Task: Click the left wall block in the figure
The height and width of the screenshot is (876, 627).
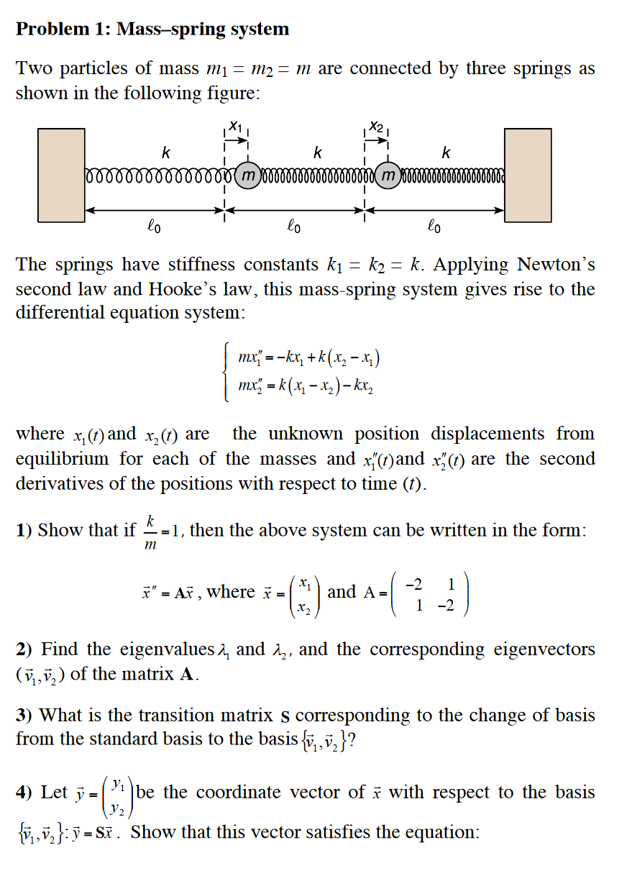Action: (61, 175)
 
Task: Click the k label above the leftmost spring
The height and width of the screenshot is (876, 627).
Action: (166, 153)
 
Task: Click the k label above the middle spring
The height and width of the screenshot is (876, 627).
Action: (317, 153)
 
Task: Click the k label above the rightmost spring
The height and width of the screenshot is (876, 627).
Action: (447, 153)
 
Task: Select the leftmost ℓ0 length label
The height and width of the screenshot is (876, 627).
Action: (154, 228)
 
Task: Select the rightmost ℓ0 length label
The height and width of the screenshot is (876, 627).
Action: (434, 228)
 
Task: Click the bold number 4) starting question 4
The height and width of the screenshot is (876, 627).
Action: (25, 793)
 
